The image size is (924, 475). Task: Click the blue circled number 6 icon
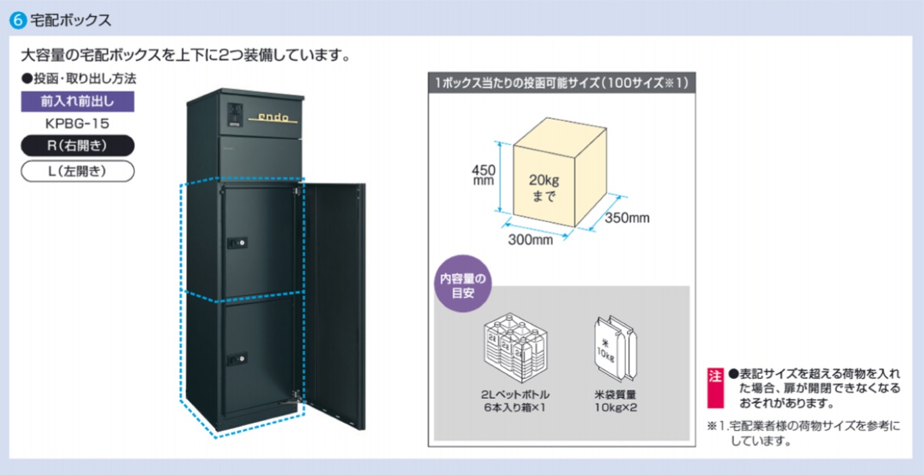pyautogui.click(x=18, y=20)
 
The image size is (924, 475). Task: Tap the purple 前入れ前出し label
pyautogui.click(x=77, y=101)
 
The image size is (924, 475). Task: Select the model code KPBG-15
pyautogui.click(x=77, y=124)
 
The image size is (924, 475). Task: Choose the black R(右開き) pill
pyautogui.click(x=77, y=146)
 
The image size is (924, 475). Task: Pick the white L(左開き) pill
pyautogui.click(x=77, y=172)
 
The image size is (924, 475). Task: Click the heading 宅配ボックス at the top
pyautogui.click(x=70, y=20)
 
